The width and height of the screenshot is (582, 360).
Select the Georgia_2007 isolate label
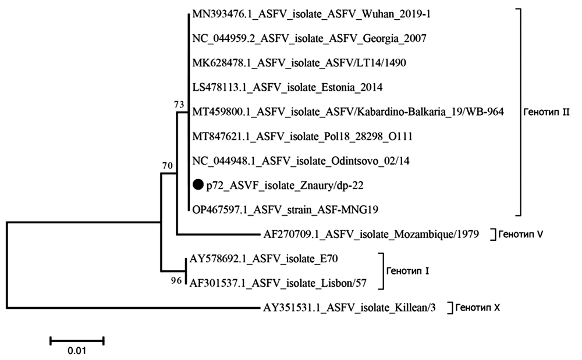click(x=310, y=39)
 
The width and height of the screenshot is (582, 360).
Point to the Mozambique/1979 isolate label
click(x=371, y=235)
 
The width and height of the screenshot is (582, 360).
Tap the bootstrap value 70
click(x=168, y=166)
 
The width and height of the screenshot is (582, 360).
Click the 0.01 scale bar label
click(x=77, y=351)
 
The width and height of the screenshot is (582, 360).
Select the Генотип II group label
click(x=546, y=113)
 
